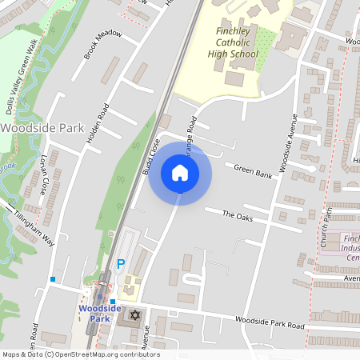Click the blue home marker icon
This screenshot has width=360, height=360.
pos(180,173)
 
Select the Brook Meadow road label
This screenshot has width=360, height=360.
pos(103,45)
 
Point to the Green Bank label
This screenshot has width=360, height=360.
pos(253,170)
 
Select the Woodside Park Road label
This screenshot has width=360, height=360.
pos(270,323)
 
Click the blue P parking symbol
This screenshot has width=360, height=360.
pos(122,263)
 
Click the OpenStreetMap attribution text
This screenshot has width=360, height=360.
pos(80,354)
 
